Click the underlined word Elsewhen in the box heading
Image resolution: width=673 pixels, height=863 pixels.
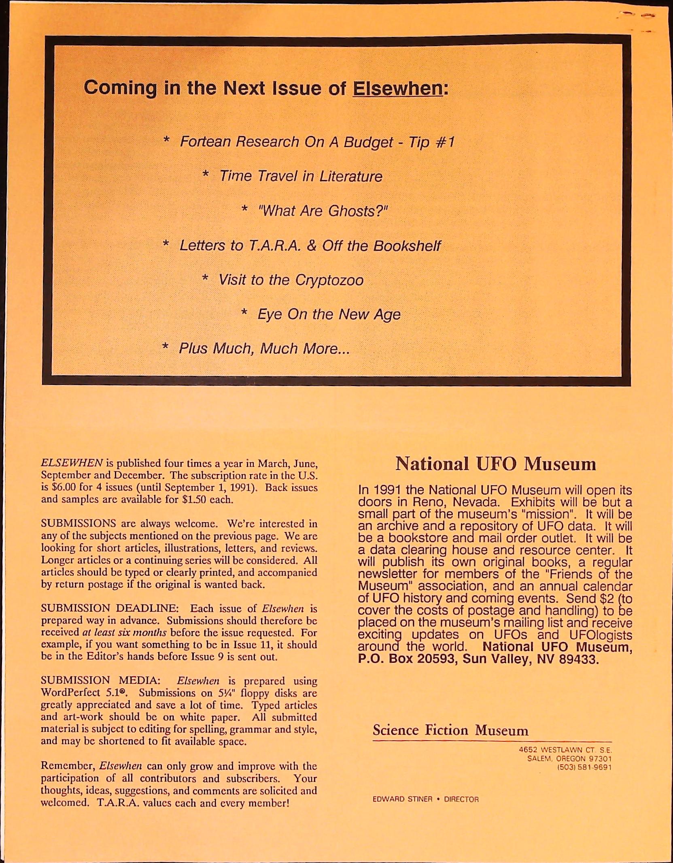tap(398, 88)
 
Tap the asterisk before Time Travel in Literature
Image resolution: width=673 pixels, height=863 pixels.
tap(206, 175)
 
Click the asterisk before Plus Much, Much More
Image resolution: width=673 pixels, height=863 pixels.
tap(166, 347)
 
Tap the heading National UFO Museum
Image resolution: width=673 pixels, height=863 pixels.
tap(495, 464)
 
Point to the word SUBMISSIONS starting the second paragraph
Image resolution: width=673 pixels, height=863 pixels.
tap(79, 523)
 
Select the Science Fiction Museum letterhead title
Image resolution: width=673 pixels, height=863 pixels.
tap(450, 730)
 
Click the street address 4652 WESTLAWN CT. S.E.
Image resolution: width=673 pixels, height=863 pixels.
tap(565, 750)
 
